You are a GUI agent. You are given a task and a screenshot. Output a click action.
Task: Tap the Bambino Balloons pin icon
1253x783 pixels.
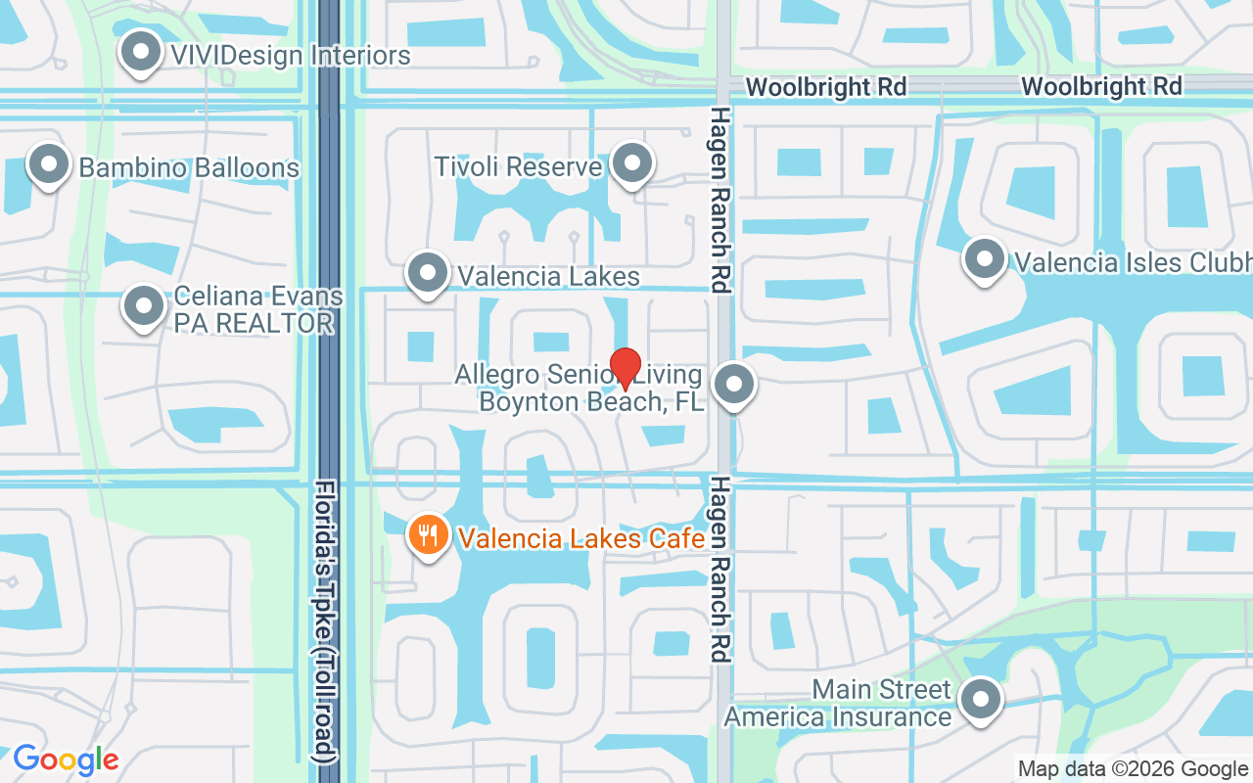tap(49, 165)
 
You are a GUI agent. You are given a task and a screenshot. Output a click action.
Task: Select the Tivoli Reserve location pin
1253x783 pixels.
tap(632, 163)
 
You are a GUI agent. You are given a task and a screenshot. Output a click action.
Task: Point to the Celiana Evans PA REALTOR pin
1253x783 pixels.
tap(144, 306)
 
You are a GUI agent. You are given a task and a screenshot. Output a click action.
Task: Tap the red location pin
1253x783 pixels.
tap(626, 368)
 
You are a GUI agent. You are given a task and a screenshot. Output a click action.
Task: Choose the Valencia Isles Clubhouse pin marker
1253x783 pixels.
tap(985, 259)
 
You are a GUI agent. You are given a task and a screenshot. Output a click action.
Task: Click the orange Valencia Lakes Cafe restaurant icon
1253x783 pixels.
tap(428, 535)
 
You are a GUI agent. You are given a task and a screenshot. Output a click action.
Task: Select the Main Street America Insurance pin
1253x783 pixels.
tap(980, 700)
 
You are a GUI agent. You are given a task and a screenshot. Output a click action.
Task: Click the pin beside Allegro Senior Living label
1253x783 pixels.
tap(734, 385)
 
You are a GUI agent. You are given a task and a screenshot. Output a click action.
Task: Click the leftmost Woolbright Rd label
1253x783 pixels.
tap(826, 87)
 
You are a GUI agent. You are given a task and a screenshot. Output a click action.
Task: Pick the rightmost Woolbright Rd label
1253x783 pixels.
tap(1101, 86)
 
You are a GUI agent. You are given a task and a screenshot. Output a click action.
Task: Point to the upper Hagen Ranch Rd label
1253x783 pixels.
tap(720, 200)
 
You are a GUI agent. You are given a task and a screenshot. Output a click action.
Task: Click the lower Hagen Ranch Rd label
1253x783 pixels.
tap(720, 570)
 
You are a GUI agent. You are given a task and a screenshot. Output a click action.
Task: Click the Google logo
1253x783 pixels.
tap(66, 760)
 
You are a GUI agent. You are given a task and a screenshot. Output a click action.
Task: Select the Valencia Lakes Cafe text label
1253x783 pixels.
tap(581, 537)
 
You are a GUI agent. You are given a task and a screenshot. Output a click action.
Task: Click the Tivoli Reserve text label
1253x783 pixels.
tap(518, 166)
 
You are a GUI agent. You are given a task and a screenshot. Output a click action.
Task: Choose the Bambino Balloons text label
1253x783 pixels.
tap(189, 167)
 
